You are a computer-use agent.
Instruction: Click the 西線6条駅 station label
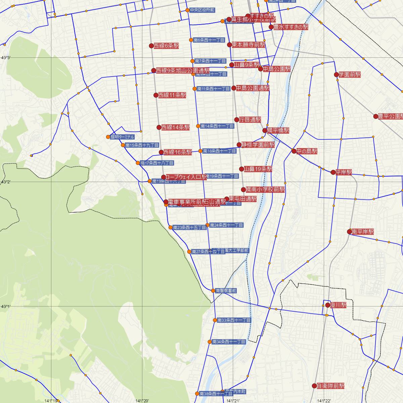click(x=166, y=46)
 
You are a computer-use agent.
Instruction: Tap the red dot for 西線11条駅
click(x=156, y=95)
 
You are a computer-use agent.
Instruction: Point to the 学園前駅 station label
click(x=350, y=75)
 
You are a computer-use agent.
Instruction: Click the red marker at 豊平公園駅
click(x=376, y=117)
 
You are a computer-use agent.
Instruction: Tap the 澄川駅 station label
click(x=339, y=305)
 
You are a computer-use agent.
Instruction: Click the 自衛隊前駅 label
click(x=330, y=386)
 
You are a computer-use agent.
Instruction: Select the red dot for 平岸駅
click(x=333, y=172)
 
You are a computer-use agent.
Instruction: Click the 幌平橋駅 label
click(x=278, y=130)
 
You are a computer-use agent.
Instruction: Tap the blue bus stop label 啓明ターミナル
click(x=123, y=137)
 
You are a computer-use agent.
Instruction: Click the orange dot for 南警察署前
click(x=213, y=290)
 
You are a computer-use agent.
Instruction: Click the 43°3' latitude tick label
click(x=6, y=58)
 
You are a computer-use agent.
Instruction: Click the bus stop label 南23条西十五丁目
click(x=189, y=227)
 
